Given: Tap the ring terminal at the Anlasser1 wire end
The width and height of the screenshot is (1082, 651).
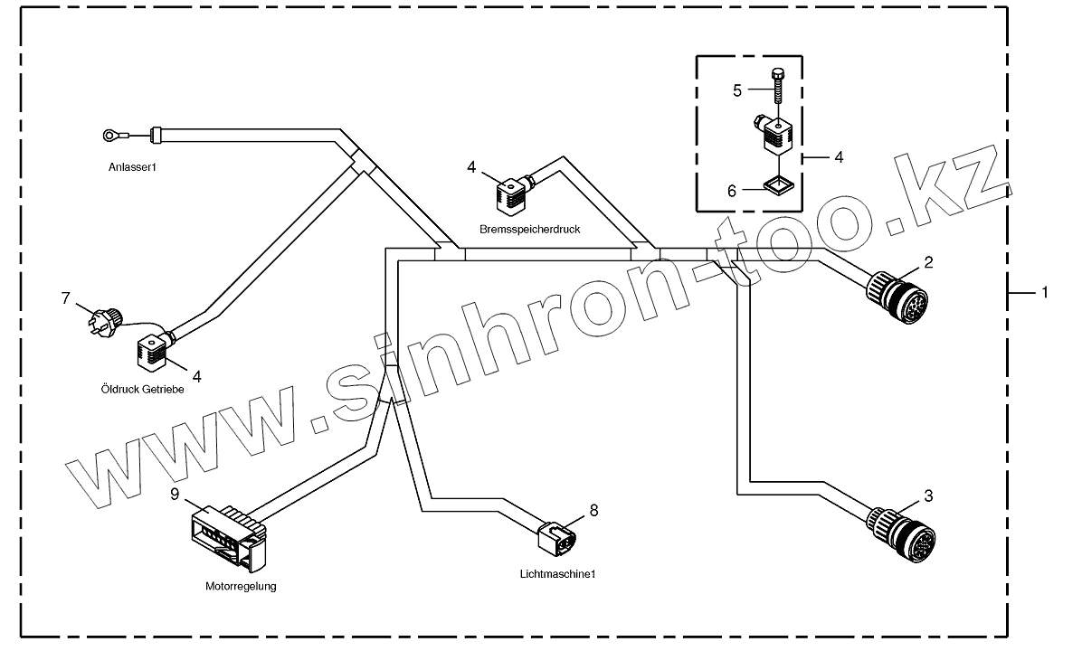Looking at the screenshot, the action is point(110,137).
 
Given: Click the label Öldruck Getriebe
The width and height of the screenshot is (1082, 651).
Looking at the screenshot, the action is point(143,390).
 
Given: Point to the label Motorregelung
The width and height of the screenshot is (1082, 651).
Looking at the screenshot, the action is point(241,586).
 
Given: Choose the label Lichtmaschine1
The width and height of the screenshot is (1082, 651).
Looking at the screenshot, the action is point(558,574).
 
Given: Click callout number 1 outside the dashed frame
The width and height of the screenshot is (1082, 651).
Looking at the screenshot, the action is point(1045,292).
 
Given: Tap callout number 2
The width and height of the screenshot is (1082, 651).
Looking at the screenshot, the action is point(928,262).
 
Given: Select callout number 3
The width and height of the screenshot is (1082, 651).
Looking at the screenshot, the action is point(928,495).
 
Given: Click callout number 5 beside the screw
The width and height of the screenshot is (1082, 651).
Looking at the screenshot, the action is point(737,90).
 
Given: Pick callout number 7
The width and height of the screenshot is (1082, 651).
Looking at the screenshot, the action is point(66,297).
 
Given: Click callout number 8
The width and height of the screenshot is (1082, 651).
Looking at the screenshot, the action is point(593,510).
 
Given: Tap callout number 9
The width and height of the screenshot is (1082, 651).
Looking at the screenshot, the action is point(176,494).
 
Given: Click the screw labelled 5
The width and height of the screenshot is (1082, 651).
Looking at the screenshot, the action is point(776,86).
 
